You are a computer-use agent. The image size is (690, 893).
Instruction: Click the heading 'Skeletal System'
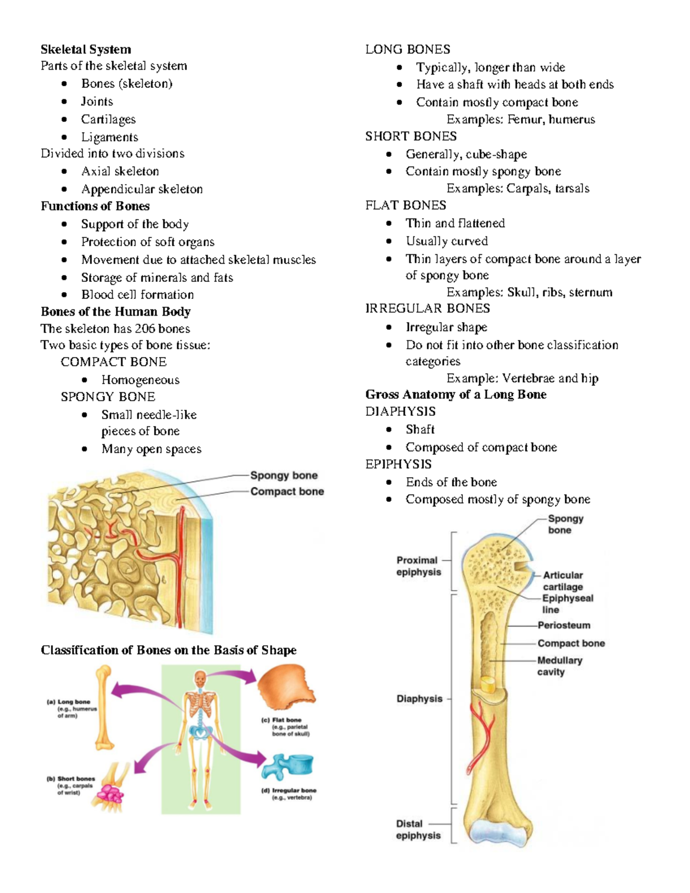pos(86,49)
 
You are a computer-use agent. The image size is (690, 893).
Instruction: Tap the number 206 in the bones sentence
pos(145,329)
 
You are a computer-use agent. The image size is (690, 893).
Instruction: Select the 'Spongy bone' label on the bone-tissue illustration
pos(283,476)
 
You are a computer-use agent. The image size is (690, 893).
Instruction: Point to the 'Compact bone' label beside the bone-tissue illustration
pos(287,492)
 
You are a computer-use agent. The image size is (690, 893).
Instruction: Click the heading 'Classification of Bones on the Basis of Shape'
pos(168,650)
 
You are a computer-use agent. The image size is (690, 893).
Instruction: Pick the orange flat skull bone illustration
pos(285,688)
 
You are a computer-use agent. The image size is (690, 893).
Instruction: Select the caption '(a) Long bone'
pos(68,702)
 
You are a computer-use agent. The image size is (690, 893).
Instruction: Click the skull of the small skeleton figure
pos(200,678)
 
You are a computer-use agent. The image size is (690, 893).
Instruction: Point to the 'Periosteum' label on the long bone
pos(563,626)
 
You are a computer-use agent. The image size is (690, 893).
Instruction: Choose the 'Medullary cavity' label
pos(559,666)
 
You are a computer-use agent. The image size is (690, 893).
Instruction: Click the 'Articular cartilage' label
pos(563,581)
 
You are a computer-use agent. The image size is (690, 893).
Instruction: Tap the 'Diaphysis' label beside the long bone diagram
pos(419,699)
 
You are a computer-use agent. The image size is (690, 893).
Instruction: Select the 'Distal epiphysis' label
pos(418,830)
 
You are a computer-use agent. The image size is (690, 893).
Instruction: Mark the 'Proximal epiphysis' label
pos(418,566)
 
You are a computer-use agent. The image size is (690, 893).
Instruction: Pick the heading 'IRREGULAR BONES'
pos(428,309)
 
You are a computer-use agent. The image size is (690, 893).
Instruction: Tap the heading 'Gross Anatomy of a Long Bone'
pos(456,394)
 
